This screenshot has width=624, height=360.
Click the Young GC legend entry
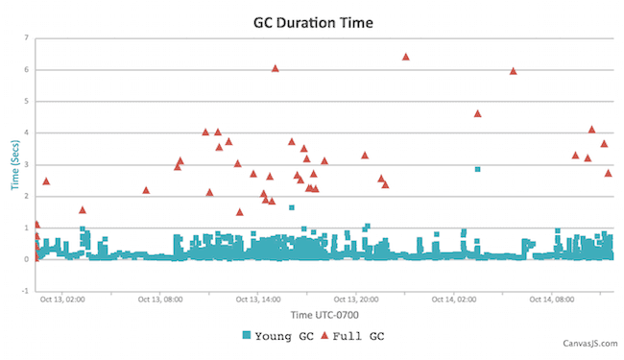point(278,335)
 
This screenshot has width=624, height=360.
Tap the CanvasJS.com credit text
point(588,342)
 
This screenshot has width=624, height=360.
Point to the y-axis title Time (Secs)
point(15,163)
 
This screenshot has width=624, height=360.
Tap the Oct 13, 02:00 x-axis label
point(62,300)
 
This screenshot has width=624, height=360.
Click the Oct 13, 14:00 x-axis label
point(258,300)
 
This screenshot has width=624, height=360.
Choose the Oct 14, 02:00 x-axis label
point(454,300)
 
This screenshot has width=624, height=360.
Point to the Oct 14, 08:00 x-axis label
point(552,300)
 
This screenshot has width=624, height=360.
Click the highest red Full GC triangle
point(405,57)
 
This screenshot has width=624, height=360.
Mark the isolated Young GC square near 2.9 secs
point(477,169)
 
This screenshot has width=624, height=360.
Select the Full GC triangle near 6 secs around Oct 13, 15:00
point(276,68)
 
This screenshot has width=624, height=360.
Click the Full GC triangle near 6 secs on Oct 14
point(513,70)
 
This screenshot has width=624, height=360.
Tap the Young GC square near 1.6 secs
point(292,207)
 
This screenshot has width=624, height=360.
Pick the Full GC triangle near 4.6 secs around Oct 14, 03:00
point(477,113)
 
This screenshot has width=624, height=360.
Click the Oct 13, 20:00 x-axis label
point(356,300)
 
